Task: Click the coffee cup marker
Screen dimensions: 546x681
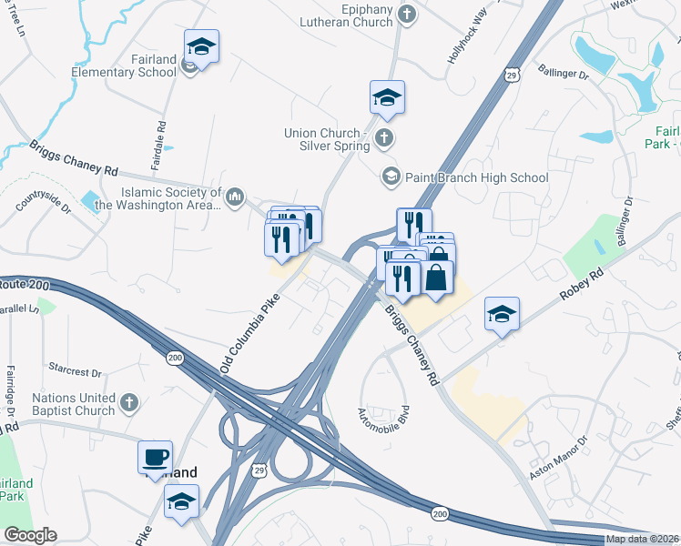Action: pos(155,456)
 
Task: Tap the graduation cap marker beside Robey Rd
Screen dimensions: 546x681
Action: pos(502,314)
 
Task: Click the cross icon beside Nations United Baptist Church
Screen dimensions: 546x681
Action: pos(130,401)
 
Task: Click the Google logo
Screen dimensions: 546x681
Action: pos(30,535)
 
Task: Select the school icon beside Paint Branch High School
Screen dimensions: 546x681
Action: pos(391,176)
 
